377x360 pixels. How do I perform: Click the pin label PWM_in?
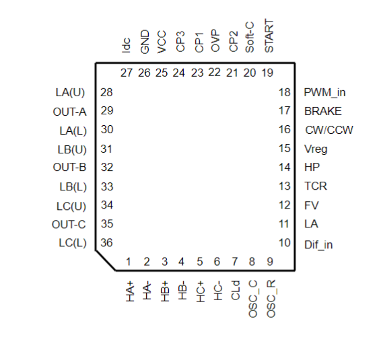pos(324,93)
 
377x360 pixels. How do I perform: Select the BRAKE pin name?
pos(323,111)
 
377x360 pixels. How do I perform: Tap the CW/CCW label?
pos(329,130)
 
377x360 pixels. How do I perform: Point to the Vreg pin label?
pos(316,149)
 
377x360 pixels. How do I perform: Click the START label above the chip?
pos(269,36)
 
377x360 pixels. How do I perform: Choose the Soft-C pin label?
pos(250,37)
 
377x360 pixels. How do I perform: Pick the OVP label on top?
pos(215,40)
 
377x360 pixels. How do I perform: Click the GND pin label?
pos(145,42)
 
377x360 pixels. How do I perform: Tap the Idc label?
pos(127,45)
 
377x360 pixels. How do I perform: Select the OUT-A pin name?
pos(69,112)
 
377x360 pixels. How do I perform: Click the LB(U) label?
pos(72,149)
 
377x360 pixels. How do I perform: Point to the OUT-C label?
pos(69,225)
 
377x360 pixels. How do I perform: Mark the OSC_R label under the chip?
pos(271,299)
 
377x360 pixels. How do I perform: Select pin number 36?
pos(106,243)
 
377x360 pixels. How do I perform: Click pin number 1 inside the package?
pos(128,262)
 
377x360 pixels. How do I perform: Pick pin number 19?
pos(267,73)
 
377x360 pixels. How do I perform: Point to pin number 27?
pos(127,73)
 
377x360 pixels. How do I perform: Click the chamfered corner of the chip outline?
pos(106,261)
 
